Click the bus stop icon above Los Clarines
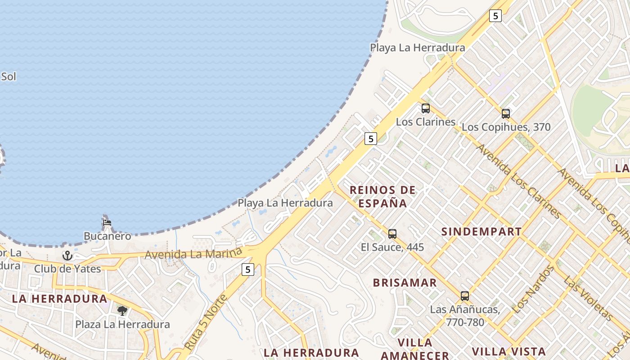pos(425,108)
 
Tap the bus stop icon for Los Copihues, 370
pos(505,114)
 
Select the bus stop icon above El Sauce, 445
pos(392,234)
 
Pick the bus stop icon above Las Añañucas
pos(464,296)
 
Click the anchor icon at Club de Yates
pos(67,256)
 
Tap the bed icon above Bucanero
pos(107,222)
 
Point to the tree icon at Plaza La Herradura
pos(122,310)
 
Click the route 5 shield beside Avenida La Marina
pos(247,270)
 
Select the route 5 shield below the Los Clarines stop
pos(370,139)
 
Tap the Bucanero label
pos(108,236)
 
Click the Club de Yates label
pos(67,269)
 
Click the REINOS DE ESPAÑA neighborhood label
pos(382,197)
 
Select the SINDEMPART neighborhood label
pos(481,232)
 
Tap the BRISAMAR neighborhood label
pos(405,283)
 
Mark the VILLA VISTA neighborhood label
pos(508,351)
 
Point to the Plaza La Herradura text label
pos(122,324)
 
